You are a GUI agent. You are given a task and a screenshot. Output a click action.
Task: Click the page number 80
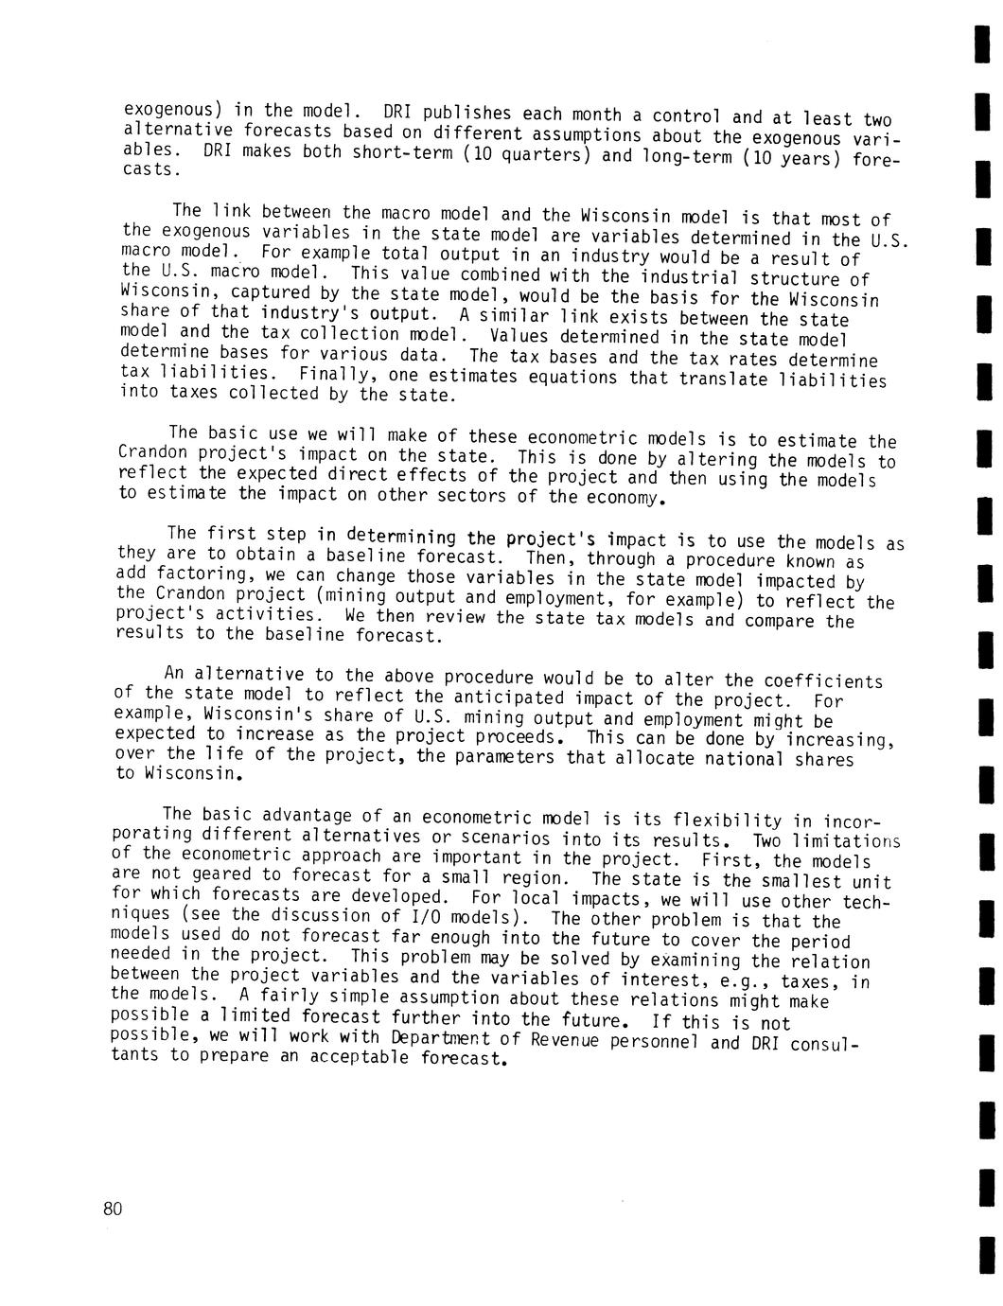pos(113,1209)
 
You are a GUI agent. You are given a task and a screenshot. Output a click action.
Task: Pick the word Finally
pos(326,375)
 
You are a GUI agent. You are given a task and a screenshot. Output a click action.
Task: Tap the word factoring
pos(200,575)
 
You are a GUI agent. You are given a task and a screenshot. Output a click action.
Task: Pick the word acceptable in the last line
pos(361,1057)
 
